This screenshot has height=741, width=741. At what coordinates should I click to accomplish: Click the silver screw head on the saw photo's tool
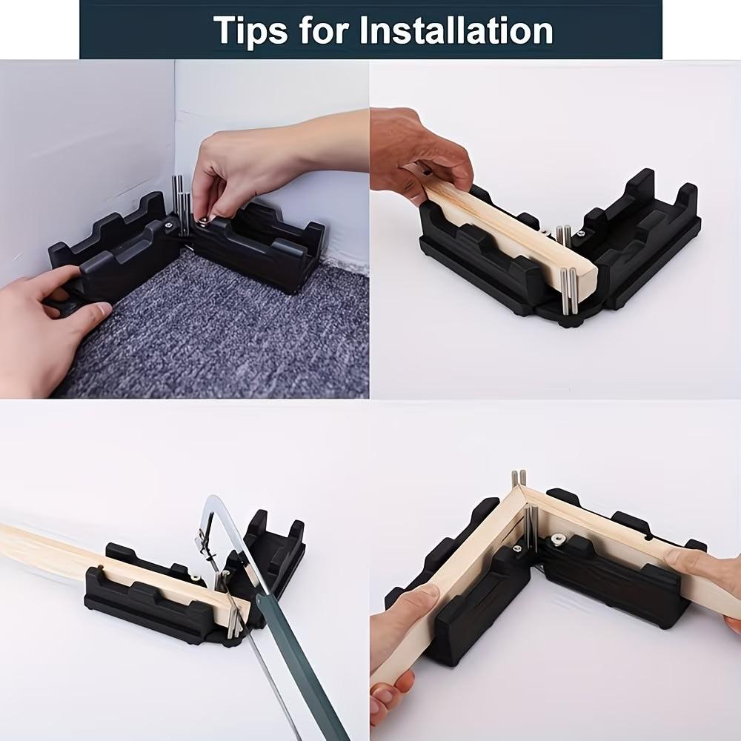click(194, 576)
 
